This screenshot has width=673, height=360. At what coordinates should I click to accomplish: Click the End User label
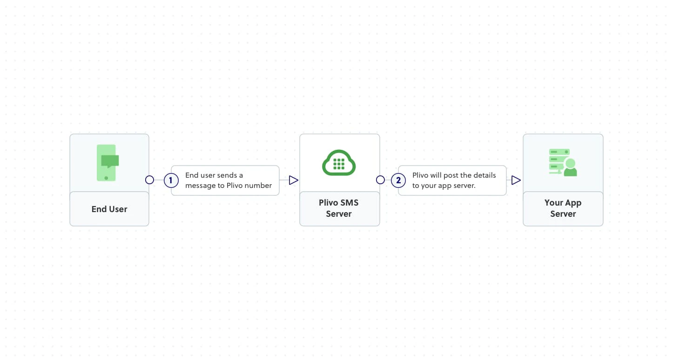tap(109, 209)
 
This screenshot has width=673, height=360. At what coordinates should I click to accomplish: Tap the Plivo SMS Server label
tap(339, 208)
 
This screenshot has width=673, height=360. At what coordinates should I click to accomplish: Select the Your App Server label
tap(563, 208)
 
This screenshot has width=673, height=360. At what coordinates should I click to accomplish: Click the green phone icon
tap(107, 163)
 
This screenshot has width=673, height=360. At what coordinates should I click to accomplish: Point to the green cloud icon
tap(339, 163)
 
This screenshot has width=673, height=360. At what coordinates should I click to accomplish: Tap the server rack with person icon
tap(563, 162)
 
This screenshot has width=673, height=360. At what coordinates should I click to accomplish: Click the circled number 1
tap(171, 180)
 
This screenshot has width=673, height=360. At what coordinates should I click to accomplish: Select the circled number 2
tap(398, 180)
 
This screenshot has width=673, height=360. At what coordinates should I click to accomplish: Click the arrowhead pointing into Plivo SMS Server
tap(294, 180)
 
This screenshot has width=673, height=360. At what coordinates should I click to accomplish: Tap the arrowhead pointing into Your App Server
tap(516, 180)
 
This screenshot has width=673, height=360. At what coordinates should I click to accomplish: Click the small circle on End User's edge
tap(149, 180)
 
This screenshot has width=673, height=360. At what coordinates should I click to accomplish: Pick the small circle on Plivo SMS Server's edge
tap(380, 180)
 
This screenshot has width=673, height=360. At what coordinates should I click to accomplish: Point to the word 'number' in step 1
tap(258, 186)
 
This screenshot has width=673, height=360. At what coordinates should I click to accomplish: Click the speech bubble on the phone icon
tap(110, 161)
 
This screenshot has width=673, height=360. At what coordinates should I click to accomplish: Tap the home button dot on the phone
tap(106, 178)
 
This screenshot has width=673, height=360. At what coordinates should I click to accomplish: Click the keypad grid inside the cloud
tap(339, 164)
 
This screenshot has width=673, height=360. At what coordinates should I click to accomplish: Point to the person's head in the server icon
tap(570, 163)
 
